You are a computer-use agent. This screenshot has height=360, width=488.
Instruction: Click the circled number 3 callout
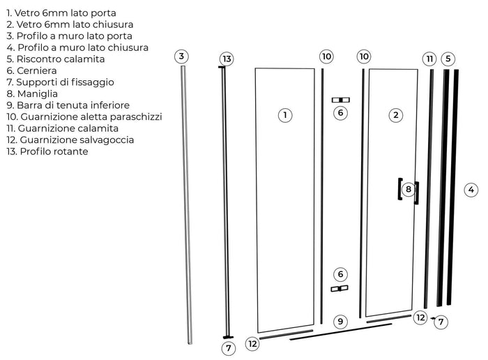point(181,57)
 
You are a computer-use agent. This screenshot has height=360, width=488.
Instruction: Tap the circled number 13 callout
point(227,59)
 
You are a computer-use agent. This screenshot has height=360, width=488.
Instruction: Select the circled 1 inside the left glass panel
point(284,115)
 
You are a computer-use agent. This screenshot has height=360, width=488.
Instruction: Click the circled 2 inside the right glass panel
point(396,115)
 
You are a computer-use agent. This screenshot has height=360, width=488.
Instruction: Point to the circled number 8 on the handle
point(409,189)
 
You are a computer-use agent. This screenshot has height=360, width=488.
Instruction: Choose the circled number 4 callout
point(471,189)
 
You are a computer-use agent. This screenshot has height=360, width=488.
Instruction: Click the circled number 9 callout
point(340,322)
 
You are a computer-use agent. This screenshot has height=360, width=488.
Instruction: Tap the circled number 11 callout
point(429,59)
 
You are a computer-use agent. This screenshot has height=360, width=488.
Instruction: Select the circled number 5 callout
point(448,59)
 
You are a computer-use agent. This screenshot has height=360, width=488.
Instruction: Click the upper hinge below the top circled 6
point(340,100)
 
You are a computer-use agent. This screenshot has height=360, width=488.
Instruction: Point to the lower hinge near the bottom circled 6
point(339,288)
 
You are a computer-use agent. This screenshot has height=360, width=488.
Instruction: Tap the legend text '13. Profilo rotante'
point(47,151)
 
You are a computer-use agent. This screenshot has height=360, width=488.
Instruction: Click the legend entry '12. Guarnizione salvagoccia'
point(70,140)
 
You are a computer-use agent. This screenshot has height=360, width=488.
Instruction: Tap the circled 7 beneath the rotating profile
point(229,347)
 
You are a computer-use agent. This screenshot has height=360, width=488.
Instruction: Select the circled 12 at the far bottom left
point(252,343)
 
